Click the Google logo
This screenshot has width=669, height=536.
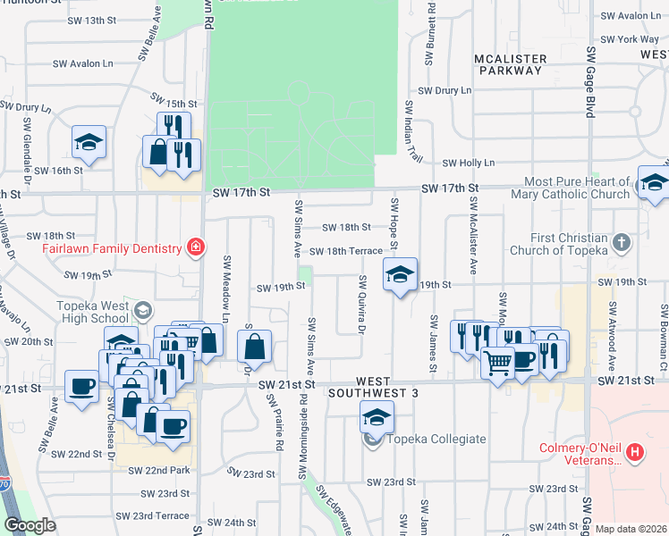30,525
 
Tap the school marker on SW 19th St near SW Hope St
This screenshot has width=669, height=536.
400,273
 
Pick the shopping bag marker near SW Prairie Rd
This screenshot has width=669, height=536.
255,347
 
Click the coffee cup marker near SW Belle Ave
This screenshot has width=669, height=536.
82,387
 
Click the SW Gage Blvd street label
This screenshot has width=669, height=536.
589,95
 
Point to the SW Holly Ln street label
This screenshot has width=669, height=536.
469,163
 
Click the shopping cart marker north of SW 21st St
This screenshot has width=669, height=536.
497,362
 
